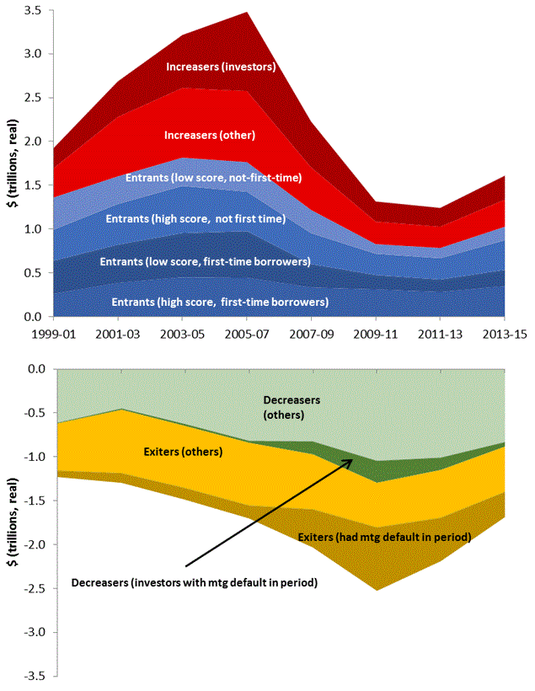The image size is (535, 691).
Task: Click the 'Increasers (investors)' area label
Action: click(222, 66)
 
